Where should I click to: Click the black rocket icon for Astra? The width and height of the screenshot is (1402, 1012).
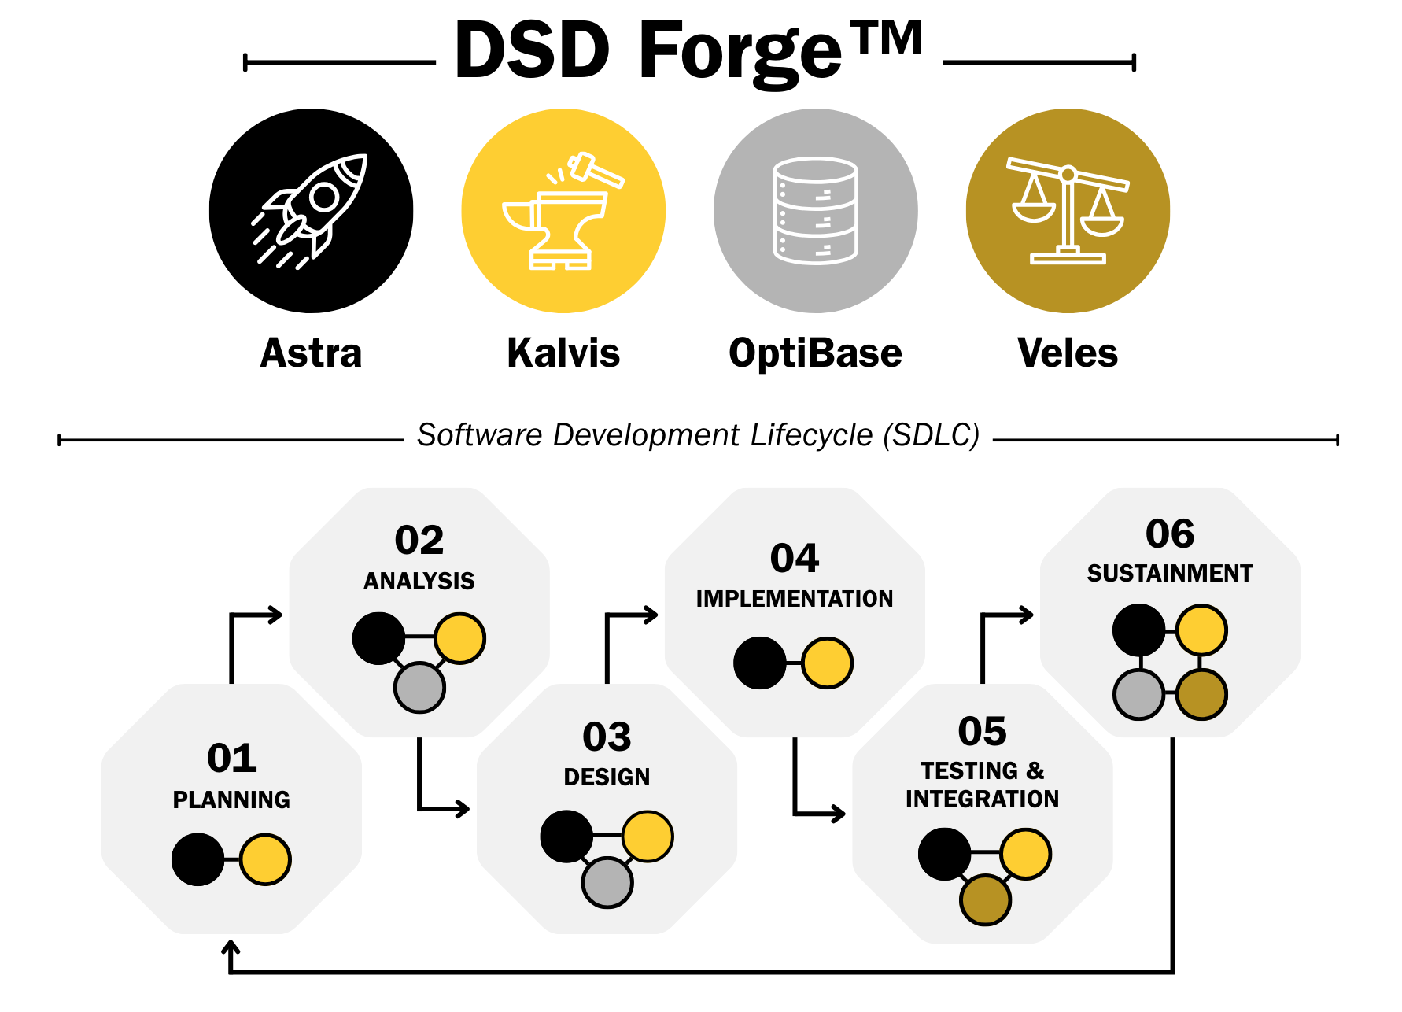click(x=311, y=211)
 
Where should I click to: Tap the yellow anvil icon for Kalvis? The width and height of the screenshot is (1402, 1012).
click(x=563, y=211)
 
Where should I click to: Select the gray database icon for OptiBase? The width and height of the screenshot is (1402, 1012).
click(x=816, y=211)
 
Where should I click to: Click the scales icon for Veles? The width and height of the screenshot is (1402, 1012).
click(x=1068, y=211)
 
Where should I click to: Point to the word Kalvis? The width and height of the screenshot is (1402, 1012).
click(x=563, y=353)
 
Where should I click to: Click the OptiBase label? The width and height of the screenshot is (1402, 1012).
click(x=815, y=353)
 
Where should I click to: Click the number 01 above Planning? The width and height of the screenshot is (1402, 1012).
click(x=232, y=758)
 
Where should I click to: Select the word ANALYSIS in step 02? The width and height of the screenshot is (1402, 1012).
click(x=419, y=582)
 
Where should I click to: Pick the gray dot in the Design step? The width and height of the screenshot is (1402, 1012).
click(x=607, y=882)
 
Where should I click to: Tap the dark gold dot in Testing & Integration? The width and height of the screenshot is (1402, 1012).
click(x=985, y=899)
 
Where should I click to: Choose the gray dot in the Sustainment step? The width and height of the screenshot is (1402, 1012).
click(x=1138, y=694)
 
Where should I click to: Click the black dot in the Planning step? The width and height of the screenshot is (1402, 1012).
click(x=197, y=859)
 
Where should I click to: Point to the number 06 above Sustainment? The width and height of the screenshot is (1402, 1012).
click(x=1170, y=534)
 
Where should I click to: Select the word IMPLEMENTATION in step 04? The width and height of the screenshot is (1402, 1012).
click(x=795, y=599)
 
